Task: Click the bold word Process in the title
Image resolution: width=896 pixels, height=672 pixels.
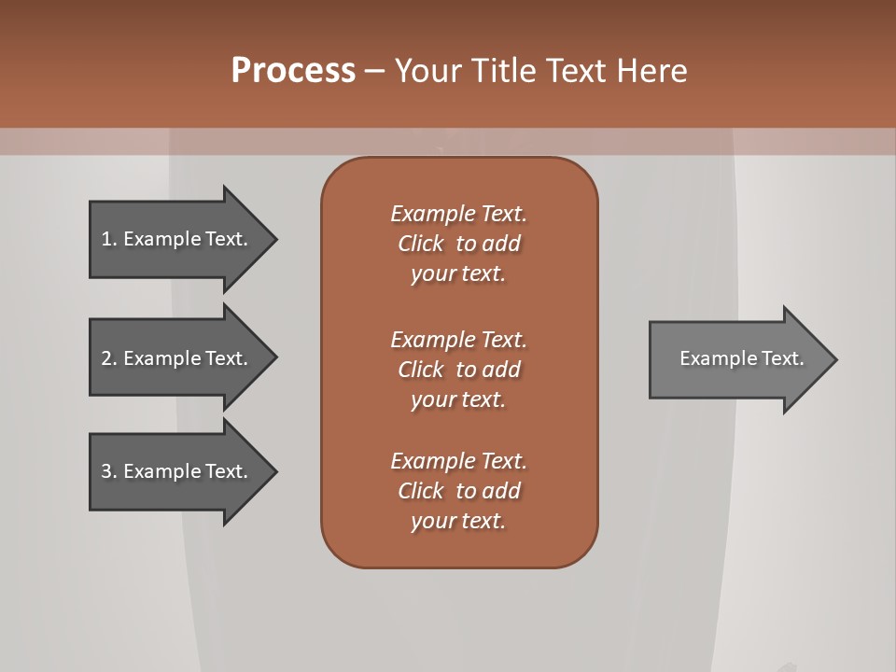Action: click(x=293, y=71)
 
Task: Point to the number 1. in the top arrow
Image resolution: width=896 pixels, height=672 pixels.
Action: click(x=109, y=239)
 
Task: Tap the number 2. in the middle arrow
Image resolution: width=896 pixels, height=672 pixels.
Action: click(x=109, y=358)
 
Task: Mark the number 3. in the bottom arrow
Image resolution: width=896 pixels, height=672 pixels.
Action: click(x=109, y=471)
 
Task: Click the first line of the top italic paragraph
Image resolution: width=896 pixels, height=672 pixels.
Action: click(x=458, y=214)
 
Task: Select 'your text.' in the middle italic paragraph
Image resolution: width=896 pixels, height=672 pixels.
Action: click(x=458, y=399)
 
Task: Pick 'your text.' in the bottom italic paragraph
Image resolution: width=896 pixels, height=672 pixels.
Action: click(x=458, y=521)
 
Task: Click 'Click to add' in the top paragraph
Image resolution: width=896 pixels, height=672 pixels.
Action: click(x=458, y=244)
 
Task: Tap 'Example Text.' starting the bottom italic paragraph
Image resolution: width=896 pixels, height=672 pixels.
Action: click(x=458, y=461)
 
